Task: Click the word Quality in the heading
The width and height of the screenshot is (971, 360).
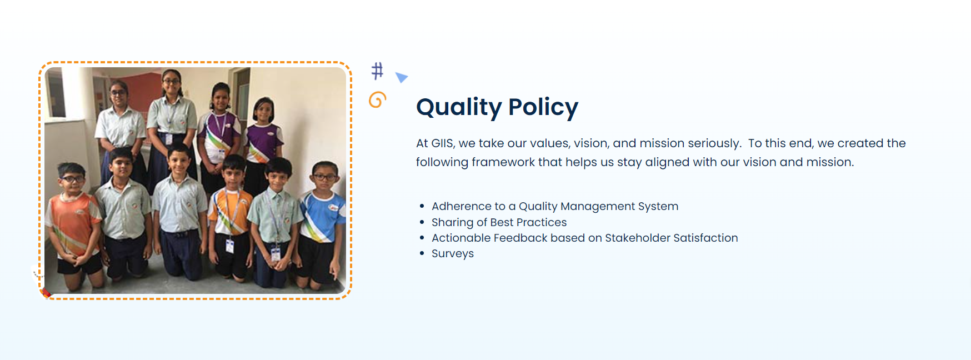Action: [x=459, y=108]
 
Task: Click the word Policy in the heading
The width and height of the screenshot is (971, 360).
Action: [x=543, y=108]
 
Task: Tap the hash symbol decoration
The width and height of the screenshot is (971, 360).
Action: [x=377, y=71]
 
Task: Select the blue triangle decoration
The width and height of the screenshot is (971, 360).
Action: [x=401, y=77]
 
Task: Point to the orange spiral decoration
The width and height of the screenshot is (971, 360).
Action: [x=377, y=99]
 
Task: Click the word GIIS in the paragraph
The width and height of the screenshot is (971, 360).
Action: [x=442, y=143]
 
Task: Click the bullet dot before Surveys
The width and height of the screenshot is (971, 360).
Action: [x=422, y=253]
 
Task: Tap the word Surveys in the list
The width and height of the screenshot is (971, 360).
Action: [x=453, y=254]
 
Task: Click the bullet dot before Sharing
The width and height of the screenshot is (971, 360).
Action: [x=422, y=222]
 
